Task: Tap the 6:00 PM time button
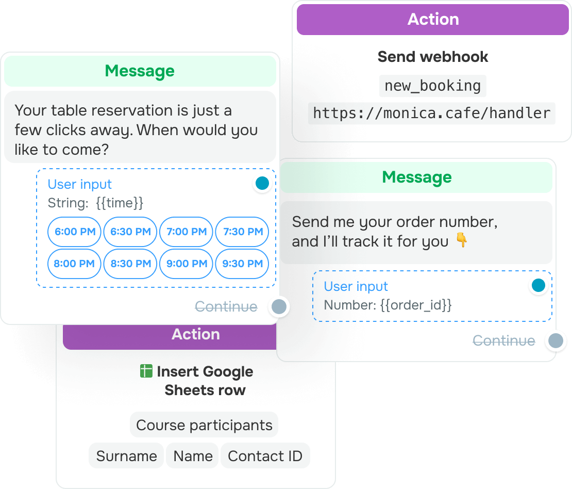[x=74, y=232]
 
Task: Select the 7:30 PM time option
[x=242, y=232]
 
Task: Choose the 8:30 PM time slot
[x=130, y=264]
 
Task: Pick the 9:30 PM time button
[x=242, y=264]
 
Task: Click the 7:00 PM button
[x=186, y=232]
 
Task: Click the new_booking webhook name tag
[x=433, y=86]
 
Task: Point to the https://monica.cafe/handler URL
[x=431, y=113]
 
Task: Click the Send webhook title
[x=433, y=57]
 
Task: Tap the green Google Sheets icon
[x=146, y=371]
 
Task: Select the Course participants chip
[x=204, y=425]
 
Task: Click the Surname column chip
[x=126, y=456]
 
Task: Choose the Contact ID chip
[x=265, y=456]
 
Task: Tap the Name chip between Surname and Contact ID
[x=192, y=456]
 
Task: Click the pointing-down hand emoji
[x=462, y=240]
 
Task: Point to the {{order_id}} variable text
[x=416, y=304]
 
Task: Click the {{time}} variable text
[x=120, y=203]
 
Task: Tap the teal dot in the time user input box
[x=262, y=183]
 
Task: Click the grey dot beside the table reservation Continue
[x=279, y=307]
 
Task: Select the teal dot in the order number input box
[x=539, y=285]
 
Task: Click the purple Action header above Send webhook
[x=433, y=20]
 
